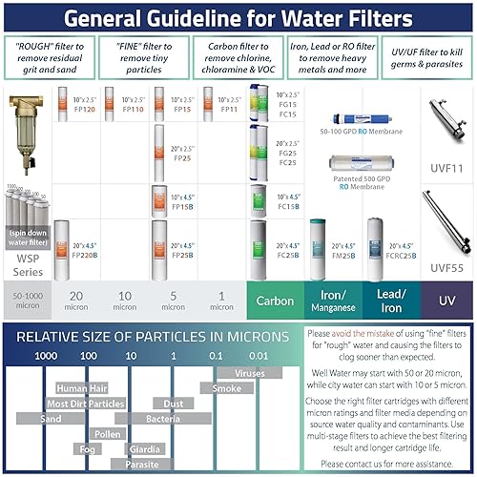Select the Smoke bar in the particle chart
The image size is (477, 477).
click(x=226, y=388)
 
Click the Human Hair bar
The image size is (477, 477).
click(x=83, y=388)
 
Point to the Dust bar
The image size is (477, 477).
click(x=174, y=404)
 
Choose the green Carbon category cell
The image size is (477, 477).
click(x=275, y=301)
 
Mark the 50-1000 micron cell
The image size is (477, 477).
click(x=28, y=301)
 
